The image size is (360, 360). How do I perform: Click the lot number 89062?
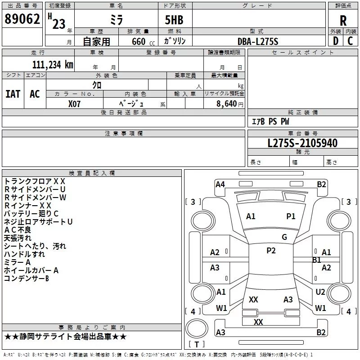coord(22,19)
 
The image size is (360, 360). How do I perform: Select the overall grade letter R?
coord(343,21)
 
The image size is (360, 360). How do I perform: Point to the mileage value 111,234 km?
coord(52,64)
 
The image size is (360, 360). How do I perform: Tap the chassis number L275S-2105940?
coord(302,143)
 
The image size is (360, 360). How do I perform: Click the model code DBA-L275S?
coord(258,41)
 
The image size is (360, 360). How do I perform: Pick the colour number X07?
coord(74,103)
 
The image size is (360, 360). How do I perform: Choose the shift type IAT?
coord(13,94)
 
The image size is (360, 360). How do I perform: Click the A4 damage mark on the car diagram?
coord(220,184)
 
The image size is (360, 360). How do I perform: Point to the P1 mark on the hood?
coord(291,216)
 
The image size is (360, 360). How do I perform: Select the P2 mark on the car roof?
coord(271,251)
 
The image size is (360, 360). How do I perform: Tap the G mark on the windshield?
coord(284,237)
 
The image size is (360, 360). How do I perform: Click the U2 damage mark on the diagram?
coord(320,292)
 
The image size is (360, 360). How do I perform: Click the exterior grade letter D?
coord(336,41)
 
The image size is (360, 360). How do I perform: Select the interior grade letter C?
coord(350,41)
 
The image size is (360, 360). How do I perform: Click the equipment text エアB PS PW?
coord(270,121)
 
